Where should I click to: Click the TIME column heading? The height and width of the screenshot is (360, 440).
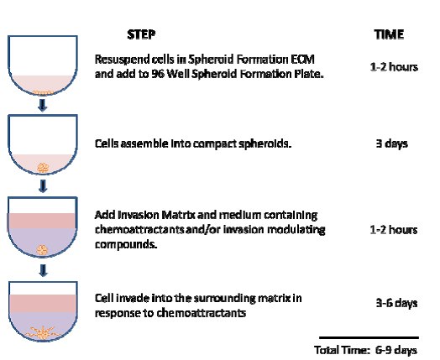click(389, 34)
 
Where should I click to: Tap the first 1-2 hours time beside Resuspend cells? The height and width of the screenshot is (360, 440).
click(393, 65)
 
